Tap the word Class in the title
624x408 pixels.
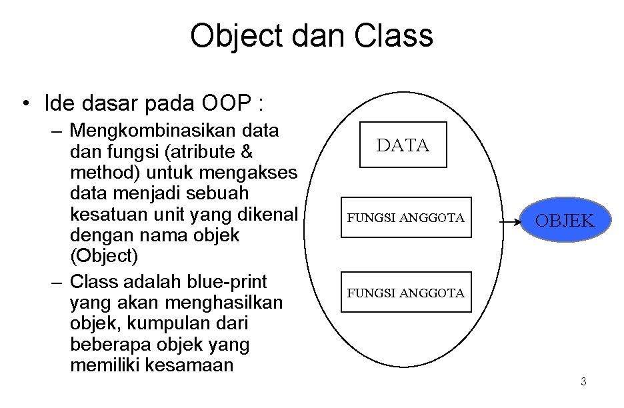393,35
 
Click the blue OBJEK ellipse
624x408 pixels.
565,220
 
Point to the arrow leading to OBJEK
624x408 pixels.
510,222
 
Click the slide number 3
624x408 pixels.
583,381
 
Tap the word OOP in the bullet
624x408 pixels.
227,103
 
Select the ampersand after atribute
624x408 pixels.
247,151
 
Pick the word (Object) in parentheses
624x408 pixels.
104,255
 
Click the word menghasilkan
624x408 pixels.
223,303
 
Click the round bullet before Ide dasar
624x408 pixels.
26,103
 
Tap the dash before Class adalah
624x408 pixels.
57,283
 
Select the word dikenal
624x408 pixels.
268,214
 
